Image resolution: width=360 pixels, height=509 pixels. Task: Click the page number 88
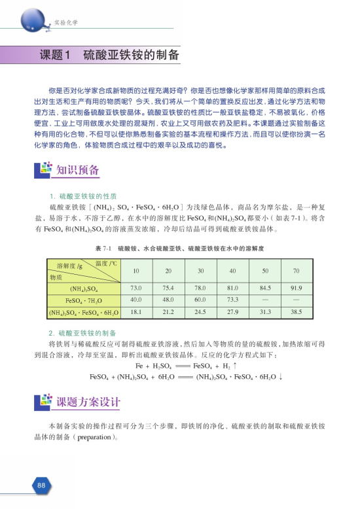point(41,485)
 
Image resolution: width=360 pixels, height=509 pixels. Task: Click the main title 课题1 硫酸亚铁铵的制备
point(109,55)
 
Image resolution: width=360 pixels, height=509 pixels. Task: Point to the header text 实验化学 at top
point(65,24)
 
